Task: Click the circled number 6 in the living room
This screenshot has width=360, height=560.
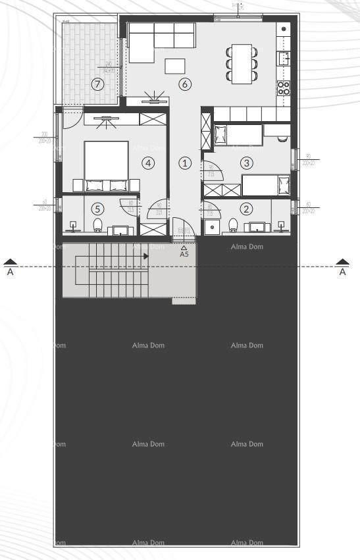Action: click(x=184, y=84)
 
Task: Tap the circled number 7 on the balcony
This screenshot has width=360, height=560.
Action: click(x=97, y=84)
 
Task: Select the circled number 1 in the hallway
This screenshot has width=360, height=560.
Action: click(x=185, y=163)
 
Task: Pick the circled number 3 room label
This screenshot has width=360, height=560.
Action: click(x=246, y=163)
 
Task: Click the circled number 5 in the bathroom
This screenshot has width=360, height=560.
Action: click(x=97, y=209)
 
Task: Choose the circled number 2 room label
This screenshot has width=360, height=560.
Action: click(x=246, y=209)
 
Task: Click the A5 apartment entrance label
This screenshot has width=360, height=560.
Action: click(x=184, y=253)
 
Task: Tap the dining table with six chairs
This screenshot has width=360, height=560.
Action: click(x=242, y=63)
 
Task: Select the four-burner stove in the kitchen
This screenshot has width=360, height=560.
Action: click(x=284, y=88)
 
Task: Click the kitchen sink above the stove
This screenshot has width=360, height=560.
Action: click(x=284, y=59)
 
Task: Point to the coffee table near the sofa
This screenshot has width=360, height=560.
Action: click(x=175, y=66)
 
